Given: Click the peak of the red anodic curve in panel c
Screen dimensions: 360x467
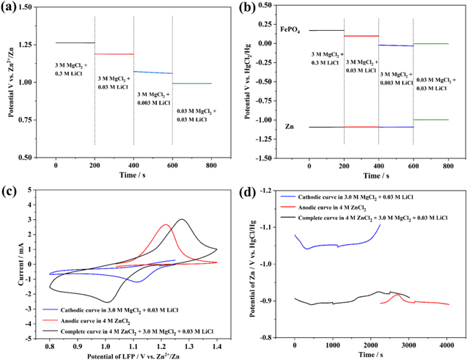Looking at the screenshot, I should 166,224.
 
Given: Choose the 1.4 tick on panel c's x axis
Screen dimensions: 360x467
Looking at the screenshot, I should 216,345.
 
